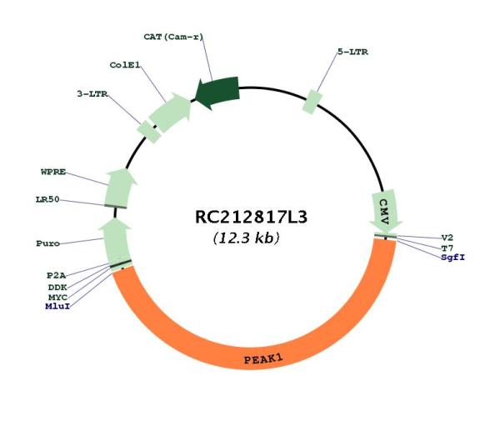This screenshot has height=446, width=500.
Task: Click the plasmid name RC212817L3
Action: pos(251,218)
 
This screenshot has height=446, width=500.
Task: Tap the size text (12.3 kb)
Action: pos(246,238)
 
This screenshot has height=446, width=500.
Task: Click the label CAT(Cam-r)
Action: pos(173,37)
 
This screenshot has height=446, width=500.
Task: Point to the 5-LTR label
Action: pos(352,52)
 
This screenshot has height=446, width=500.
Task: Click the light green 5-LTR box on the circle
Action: pos(312,102)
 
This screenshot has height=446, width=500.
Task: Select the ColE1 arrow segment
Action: pos(170,113)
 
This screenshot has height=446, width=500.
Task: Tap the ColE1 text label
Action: pos(125,65)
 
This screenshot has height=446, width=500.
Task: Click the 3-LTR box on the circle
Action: pos(148,132)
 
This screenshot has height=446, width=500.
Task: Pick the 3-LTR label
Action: pos(92,94)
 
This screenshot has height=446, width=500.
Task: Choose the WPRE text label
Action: pos(53,172)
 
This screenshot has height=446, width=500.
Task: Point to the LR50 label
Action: pos(47,200)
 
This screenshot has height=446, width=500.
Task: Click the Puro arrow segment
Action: pos(116,242)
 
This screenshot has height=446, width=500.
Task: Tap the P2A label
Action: pos(56,276)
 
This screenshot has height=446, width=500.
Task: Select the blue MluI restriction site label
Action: pos(57,307)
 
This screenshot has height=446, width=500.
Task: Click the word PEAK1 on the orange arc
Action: pos(263,359)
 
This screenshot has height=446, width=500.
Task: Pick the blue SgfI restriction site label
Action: pos(453,258)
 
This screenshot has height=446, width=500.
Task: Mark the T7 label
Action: pos(447,248)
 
